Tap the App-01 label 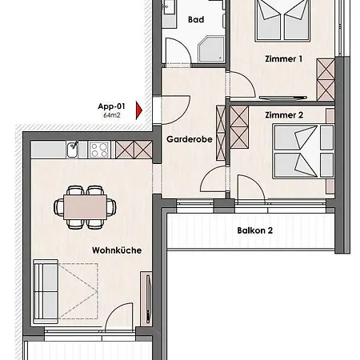[x=110, y=106]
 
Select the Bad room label [x=195, y=19]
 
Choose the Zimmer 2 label [x=282, y=115]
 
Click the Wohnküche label [x=117, y=250]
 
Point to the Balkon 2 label [x=255, y=230]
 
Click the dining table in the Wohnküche [x=84, y=206]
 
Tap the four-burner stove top [x=101, y=149]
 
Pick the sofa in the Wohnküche [x=44, y=289]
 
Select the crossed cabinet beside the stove [x=128, y=149]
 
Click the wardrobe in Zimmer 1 [x=326, y=80]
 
